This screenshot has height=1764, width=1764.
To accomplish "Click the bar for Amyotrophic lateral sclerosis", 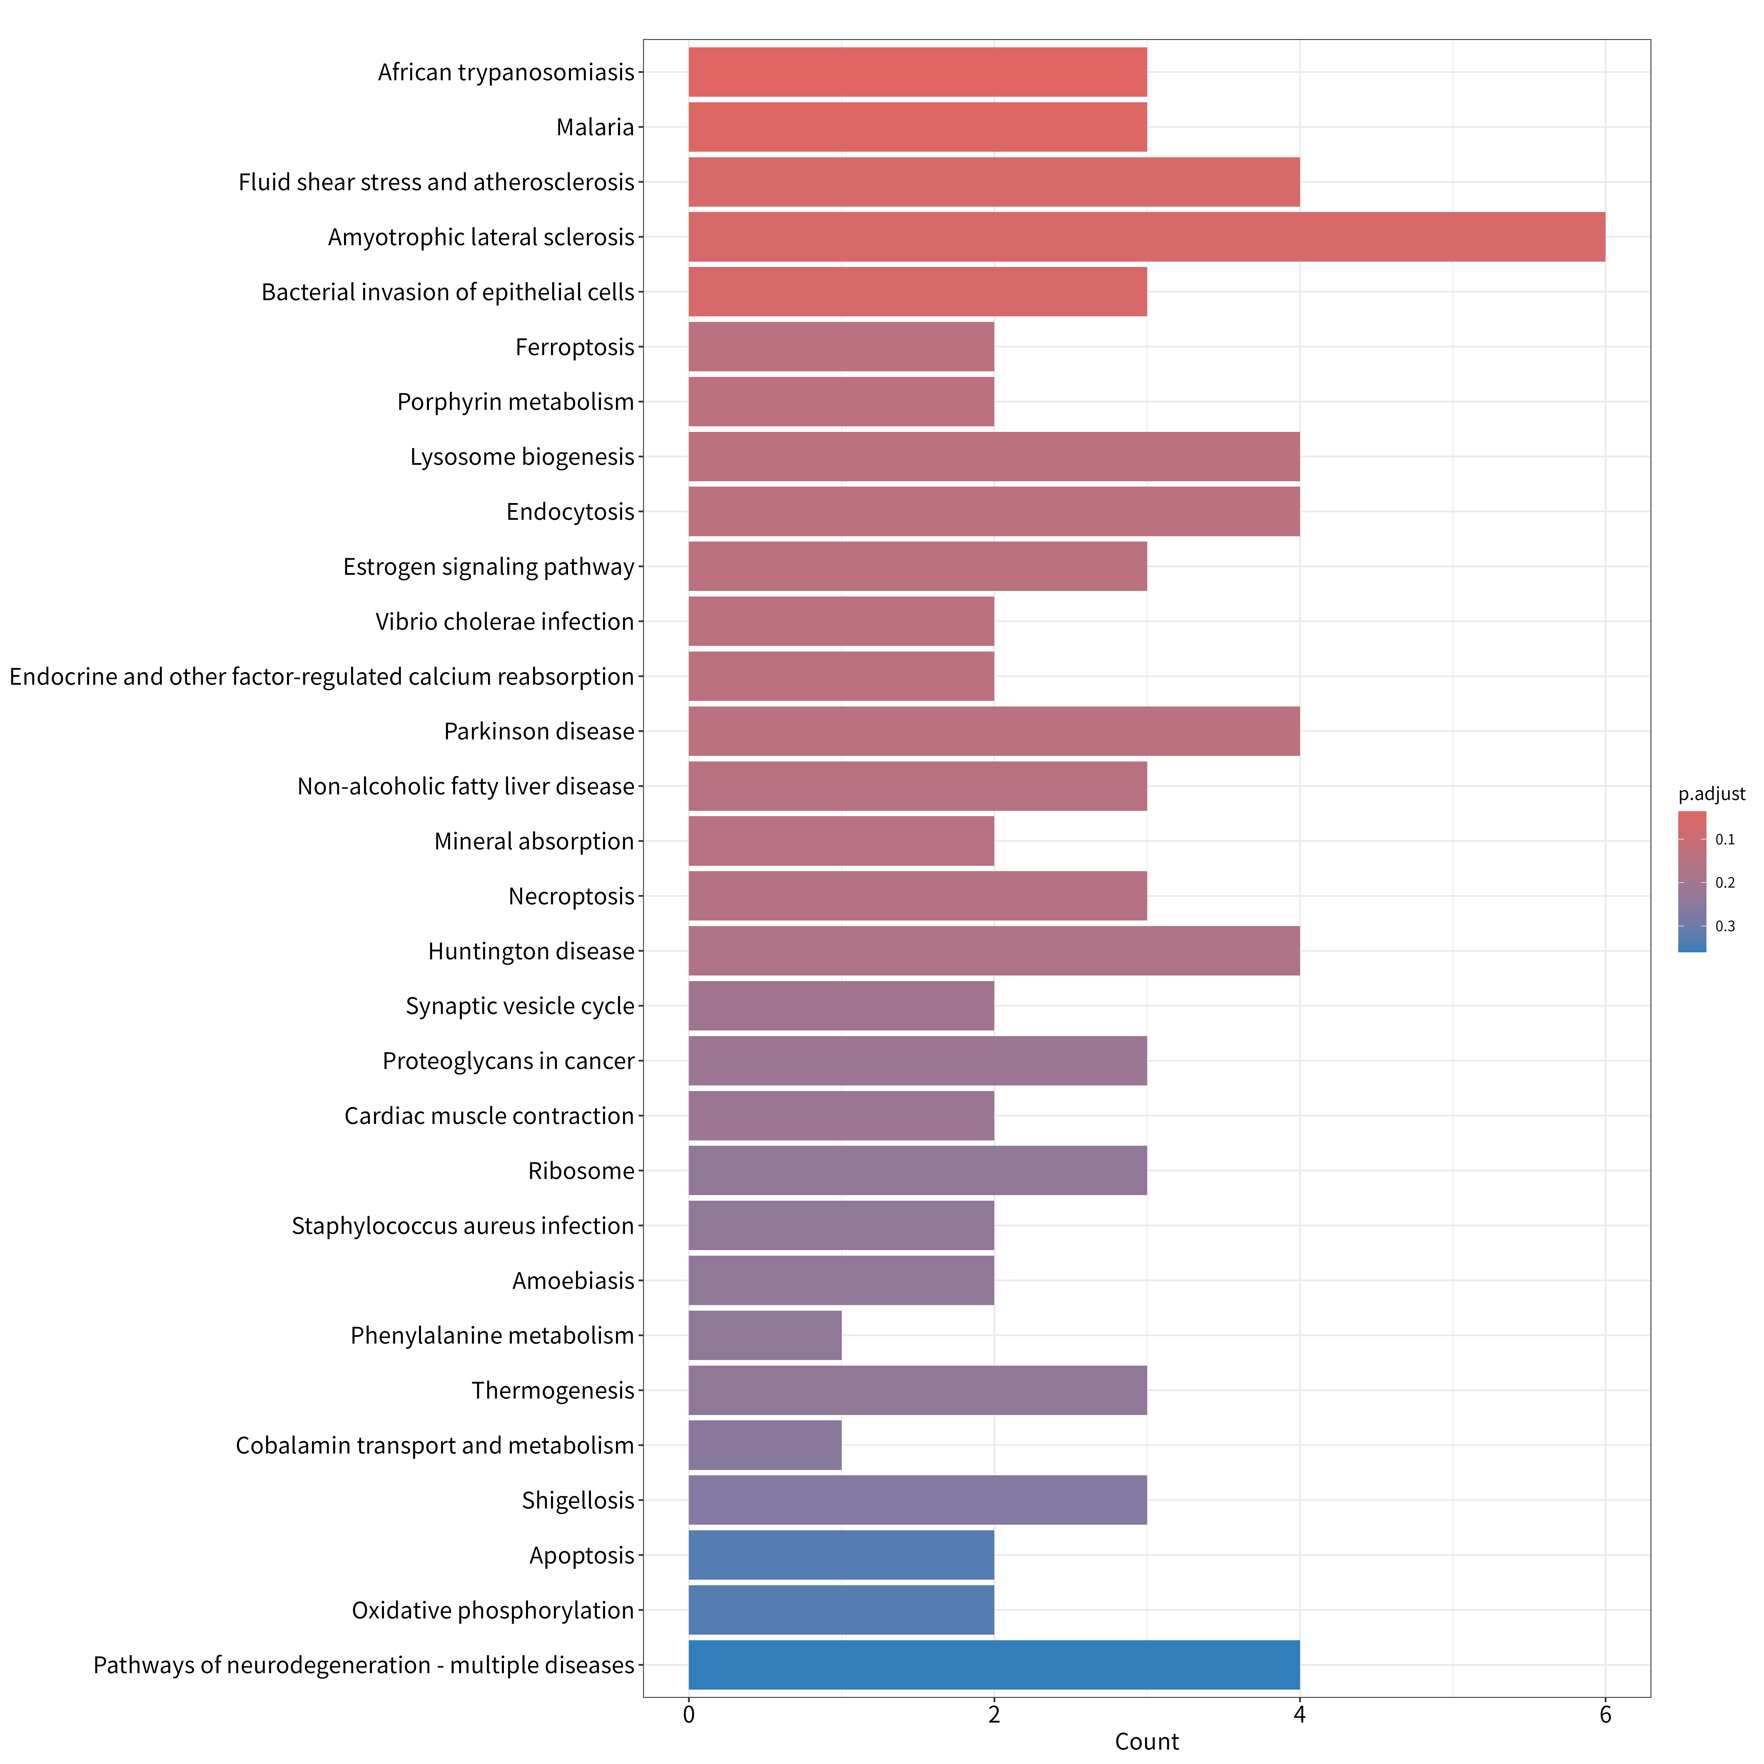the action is (x=1147, y=237).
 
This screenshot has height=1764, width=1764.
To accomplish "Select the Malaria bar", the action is (x=918, y=127).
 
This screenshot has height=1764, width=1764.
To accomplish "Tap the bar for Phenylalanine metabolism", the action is (x=765, y=1336).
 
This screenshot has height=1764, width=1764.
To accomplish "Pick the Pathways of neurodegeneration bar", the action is (x=994, y=1666).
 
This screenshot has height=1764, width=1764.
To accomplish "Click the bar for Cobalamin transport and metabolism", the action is (x=765, y=1445).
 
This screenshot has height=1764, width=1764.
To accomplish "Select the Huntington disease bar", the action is (x=994, y=951).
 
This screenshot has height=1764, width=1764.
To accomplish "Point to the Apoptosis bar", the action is (x=841, y=1556).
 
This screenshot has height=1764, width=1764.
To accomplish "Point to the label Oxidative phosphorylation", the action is (x=493, y=1611).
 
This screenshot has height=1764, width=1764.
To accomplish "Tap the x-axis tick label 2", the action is (x=994, y=1715).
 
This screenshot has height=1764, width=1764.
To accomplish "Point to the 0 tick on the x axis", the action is (x=689, y=1715).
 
